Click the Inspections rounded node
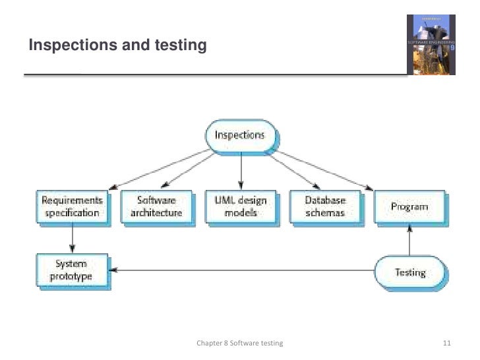point(241,136)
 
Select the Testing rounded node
point(409,272)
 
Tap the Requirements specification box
point(72,206)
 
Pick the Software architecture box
point(156,206)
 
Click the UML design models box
point(241,206)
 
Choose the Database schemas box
point(325,206)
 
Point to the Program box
point(409,206)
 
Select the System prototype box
point(72,270)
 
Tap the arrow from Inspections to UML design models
point(241,171)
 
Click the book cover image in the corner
point(430,44)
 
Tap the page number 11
point(447,344)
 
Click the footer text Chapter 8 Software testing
point(240,344)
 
